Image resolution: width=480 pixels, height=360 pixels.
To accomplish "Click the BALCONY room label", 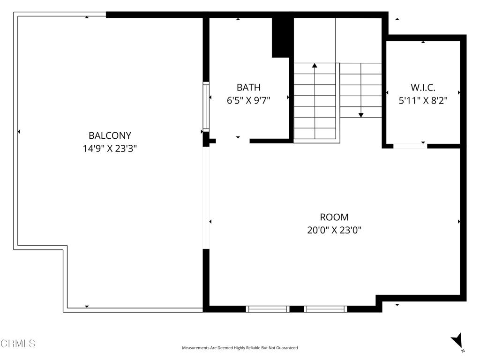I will point(110,135).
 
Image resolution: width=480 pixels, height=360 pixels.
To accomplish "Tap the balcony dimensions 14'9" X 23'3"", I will point(110,149).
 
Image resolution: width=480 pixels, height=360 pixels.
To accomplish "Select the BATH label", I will point(248,87).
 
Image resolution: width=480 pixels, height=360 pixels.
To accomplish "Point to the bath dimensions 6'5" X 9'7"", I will point(248,100).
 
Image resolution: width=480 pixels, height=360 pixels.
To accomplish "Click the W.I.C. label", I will point(423,87).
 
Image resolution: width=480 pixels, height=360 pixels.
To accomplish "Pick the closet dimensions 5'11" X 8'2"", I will point(423,100).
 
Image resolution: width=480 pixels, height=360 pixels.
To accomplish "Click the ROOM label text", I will point(334,217).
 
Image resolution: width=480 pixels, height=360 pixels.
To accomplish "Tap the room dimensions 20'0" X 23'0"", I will point(334,230).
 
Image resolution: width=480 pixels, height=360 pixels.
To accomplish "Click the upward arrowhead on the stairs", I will point(315,66).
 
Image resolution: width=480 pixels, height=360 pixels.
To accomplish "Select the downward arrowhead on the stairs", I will point(361,114).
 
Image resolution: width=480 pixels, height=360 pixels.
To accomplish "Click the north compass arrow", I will point(457,340).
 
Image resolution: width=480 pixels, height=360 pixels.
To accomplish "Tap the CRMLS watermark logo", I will point(18,344).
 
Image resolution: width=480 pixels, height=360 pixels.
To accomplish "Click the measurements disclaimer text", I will point(240,348).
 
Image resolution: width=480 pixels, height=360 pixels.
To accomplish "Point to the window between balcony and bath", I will point(206,106).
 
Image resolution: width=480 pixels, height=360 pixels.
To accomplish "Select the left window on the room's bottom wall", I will point(268,309).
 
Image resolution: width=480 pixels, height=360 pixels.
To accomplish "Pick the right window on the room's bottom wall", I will point(325,309).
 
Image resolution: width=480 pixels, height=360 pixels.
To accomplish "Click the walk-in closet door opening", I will point(410,146).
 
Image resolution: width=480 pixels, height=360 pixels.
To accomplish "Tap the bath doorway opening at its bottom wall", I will point(232,141).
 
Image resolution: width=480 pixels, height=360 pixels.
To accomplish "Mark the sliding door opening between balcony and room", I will point(205,197).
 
